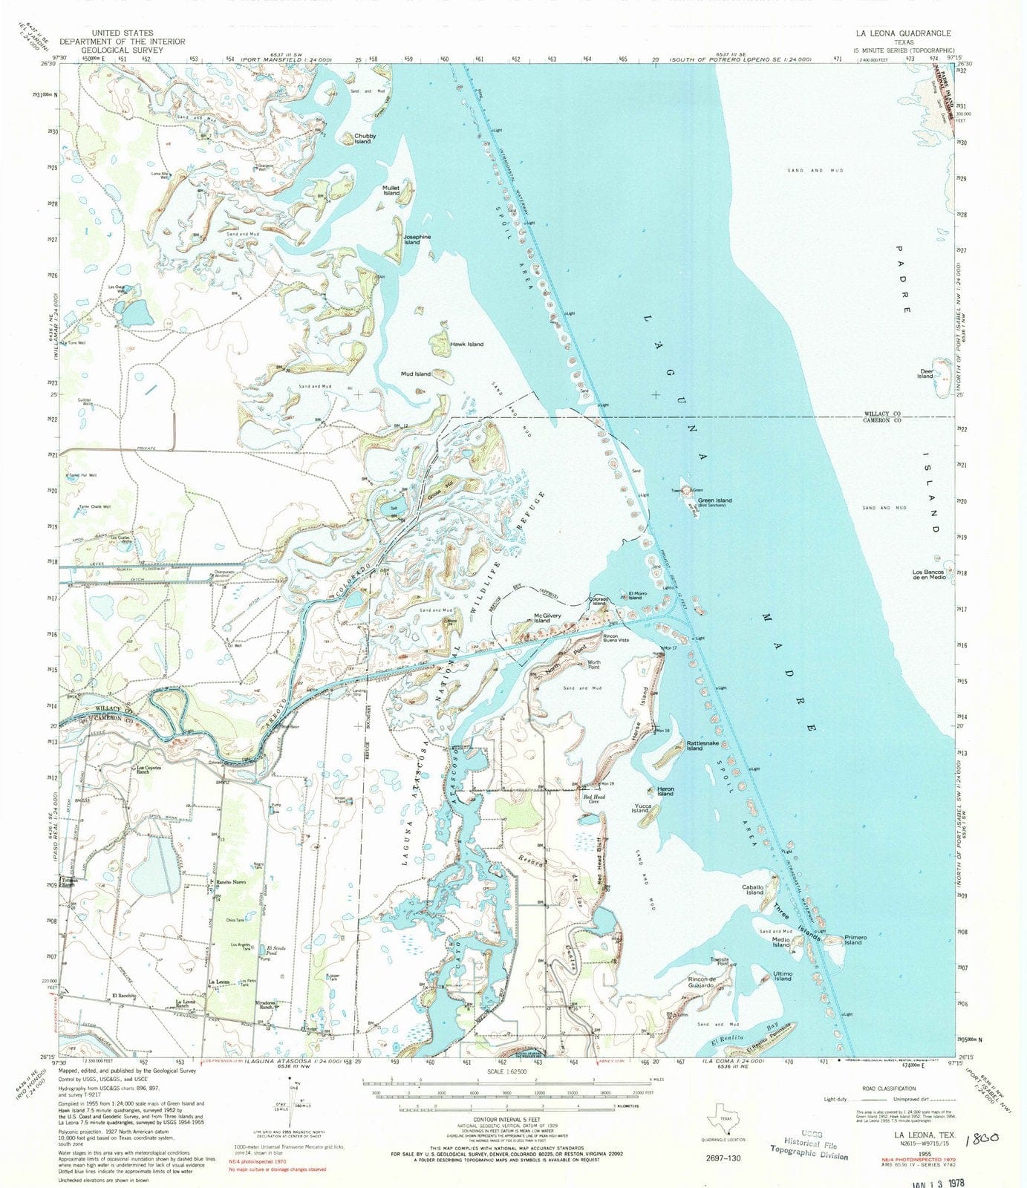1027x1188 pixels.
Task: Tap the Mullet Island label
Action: click(x=391, y=191)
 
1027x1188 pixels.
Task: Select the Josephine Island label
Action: click(x=416, y=239)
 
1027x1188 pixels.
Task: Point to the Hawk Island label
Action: click(x=466, y=344)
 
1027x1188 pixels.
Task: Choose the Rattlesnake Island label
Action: click(x=702, y=745)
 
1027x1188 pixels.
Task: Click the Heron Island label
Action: click(x=665, y=792)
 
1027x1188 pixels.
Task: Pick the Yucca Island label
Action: click(x=640, y=808)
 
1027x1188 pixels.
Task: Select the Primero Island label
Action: click(x=852, y=940)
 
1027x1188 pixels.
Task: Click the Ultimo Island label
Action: click(x=783, y=976)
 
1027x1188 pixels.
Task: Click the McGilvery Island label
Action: click(x=552, y=618)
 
